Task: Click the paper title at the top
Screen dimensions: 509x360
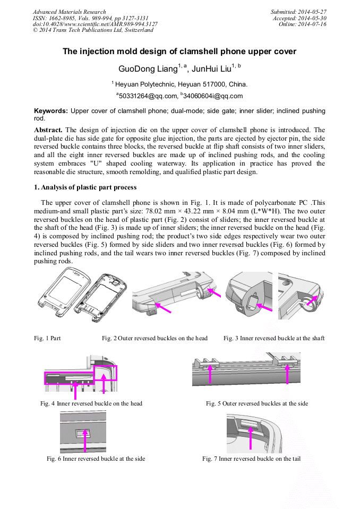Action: pos(179,51)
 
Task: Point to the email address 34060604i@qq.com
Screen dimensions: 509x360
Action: pos(213,96)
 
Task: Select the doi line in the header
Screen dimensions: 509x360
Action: pos(95,24)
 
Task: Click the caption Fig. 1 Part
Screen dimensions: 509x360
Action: pos(47,338)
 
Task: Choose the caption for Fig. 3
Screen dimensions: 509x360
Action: pos(273,338)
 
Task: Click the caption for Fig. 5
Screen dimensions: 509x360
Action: pos(257,403)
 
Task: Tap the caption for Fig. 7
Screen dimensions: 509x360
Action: pos(251,459)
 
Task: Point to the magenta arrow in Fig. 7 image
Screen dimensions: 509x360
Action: pos(250,437)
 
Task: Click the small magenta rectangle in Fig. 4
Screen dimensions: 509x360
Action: pos(105,373)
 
